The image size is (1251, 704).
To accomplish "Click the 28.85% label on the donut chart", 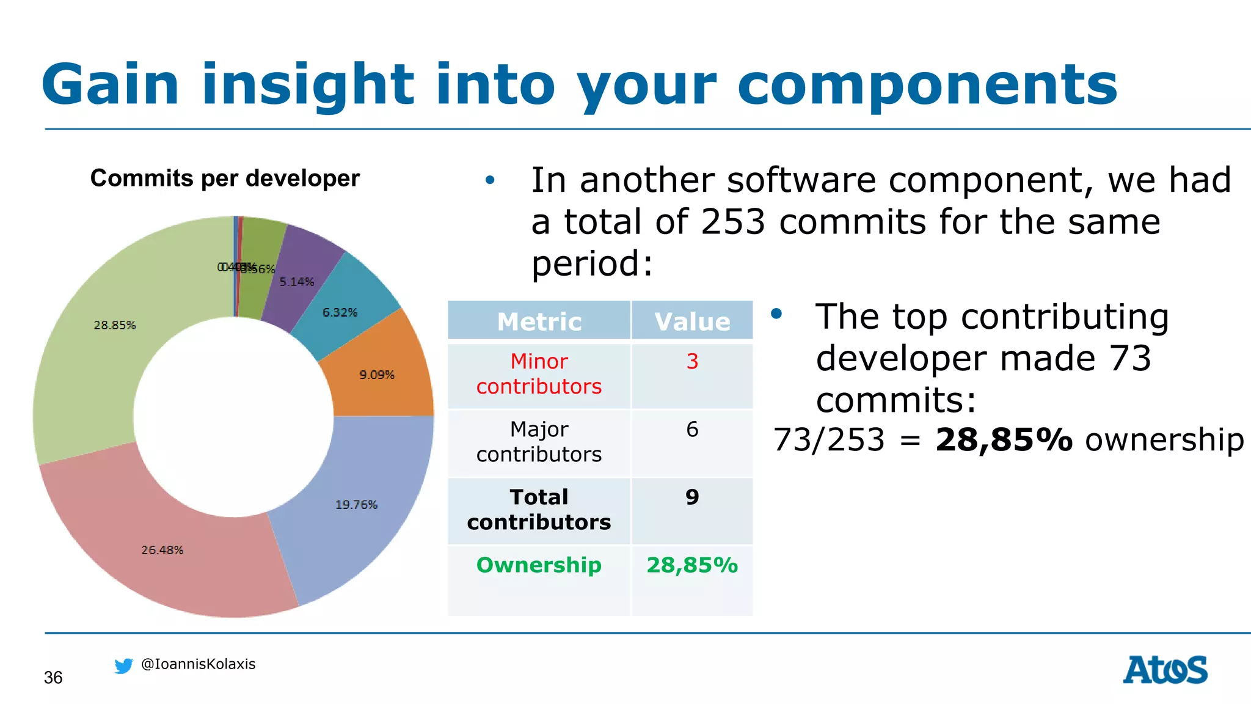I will tap(115, 325).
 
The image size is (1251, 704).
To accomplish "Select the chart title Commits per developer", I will tap(225, 178).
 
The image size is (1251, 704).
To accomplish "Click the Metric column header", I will tap(539, 321).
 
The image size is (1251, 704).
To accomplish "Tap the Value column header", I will tap(692, 321).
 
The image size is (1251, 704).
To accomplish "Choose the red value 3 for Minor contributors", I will tap(692, 361).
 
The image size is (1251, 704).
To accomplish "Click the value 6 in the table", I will tap(692, 429).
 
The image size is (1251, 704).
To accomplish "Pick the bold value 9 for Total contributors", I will tap(692, 497).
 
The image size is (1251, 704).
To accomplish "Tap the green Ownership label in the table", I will tap(539, 565).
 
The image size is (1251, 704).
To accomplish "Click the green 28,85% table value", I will tap(692, 565).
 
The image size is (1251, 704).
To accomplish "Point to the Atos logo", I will tap(1165, 670).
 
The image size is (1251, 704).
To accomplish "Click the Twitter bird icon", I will tap(124, 665).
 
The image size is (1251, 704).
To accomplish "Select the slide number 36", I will tap(53, 678).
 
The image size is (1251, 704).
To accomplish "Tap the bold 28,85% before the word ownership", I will tap(1004, 440).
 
